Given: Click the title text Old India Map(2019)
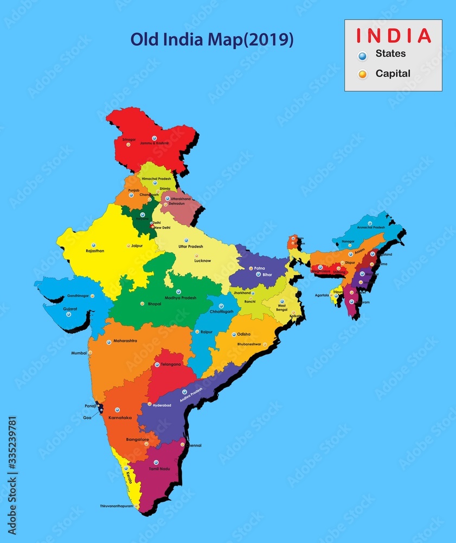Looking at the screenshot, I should click(x=212, y=40).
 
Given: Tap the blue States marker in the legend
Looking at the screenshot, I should click(x=363, y=55).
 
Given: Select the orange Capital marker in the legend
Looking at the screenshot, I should click(x=363, y=74).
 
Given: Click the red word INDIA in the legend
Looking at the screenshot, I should click(x=393, y=35).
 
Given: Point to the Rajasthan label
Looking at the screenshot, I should click(x=95, y=251).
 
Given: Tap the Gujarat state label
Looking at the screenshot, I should click(x=70, y=308).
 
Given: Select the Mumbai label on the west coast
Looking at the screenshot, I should click(x=79, y=353).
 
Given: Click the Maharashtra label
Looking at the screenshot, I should click(x=125, y=341).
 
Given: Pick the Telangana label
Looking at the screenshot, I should click(x=170, y=364).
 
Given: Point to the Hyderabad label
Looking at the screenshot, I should click(x=162, y=405).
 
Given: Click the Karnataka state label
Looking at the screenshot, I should click(x=120, y=418).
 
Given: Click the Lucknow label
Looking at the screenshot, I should click(x=203, y=261).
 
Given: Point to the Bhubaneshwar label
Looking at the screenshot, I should click(x=249, y=344).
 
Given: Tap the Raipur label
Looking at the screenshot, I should click(x=207, y=331).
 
